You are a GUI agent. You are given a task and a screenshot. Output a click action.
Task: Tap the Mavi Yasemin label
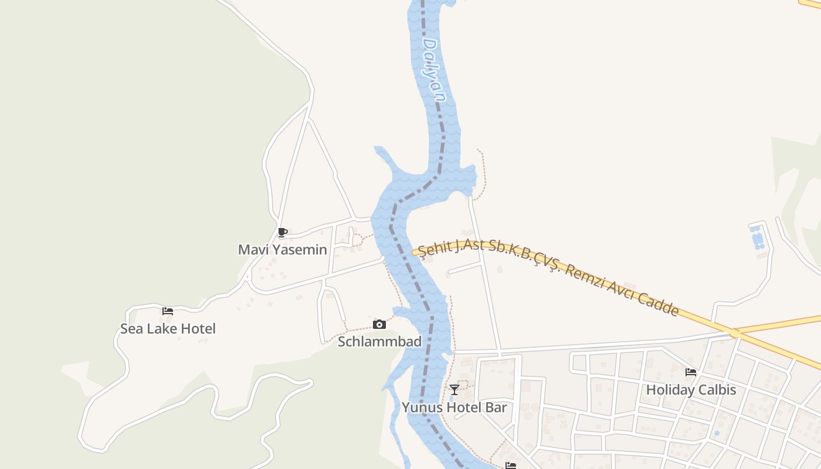tap(282, 250)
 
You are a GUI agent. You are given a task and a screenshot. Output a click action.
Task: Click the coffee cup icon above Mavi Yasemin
tap(283, 232)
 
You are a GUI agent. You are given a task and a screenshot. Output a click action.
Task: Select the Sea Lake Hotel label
tap(168, 329)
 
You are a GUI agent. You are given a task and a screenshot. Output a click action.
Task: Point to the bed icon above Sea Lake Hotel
tap(168, 311)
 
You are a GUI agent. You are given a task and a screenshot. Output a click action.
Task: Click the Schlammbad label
tap(379, 342)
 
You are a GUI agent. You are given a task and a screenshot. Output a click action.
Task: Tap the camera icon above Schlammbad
tap(379, 324)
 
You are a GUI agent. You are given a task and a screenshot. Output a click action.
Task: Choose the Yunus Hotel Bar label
tap(454, 407)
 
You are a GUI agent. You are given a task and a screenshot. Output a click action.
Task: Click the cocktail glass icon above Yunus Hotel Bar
tap(454, 390)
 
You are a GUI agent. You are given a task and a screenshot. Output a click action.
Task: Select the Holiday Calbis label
tap(691, 390)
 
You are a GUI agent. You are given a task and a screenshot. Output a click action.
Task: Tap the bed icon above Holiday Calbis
tap(691, 372)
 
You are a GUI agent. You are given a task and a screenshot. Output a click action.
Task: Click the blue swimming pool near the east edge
tap(757, 237)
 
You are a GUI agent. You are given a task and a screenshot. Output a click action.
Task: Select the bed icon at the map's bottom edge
tap(511, 465)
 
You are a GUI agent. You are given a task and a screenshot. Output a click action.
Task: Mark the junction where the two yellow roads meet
tap(735, 333)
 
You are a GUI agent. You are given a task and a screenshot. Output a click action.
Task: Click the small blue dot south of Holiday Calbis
tap(716, 434)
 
